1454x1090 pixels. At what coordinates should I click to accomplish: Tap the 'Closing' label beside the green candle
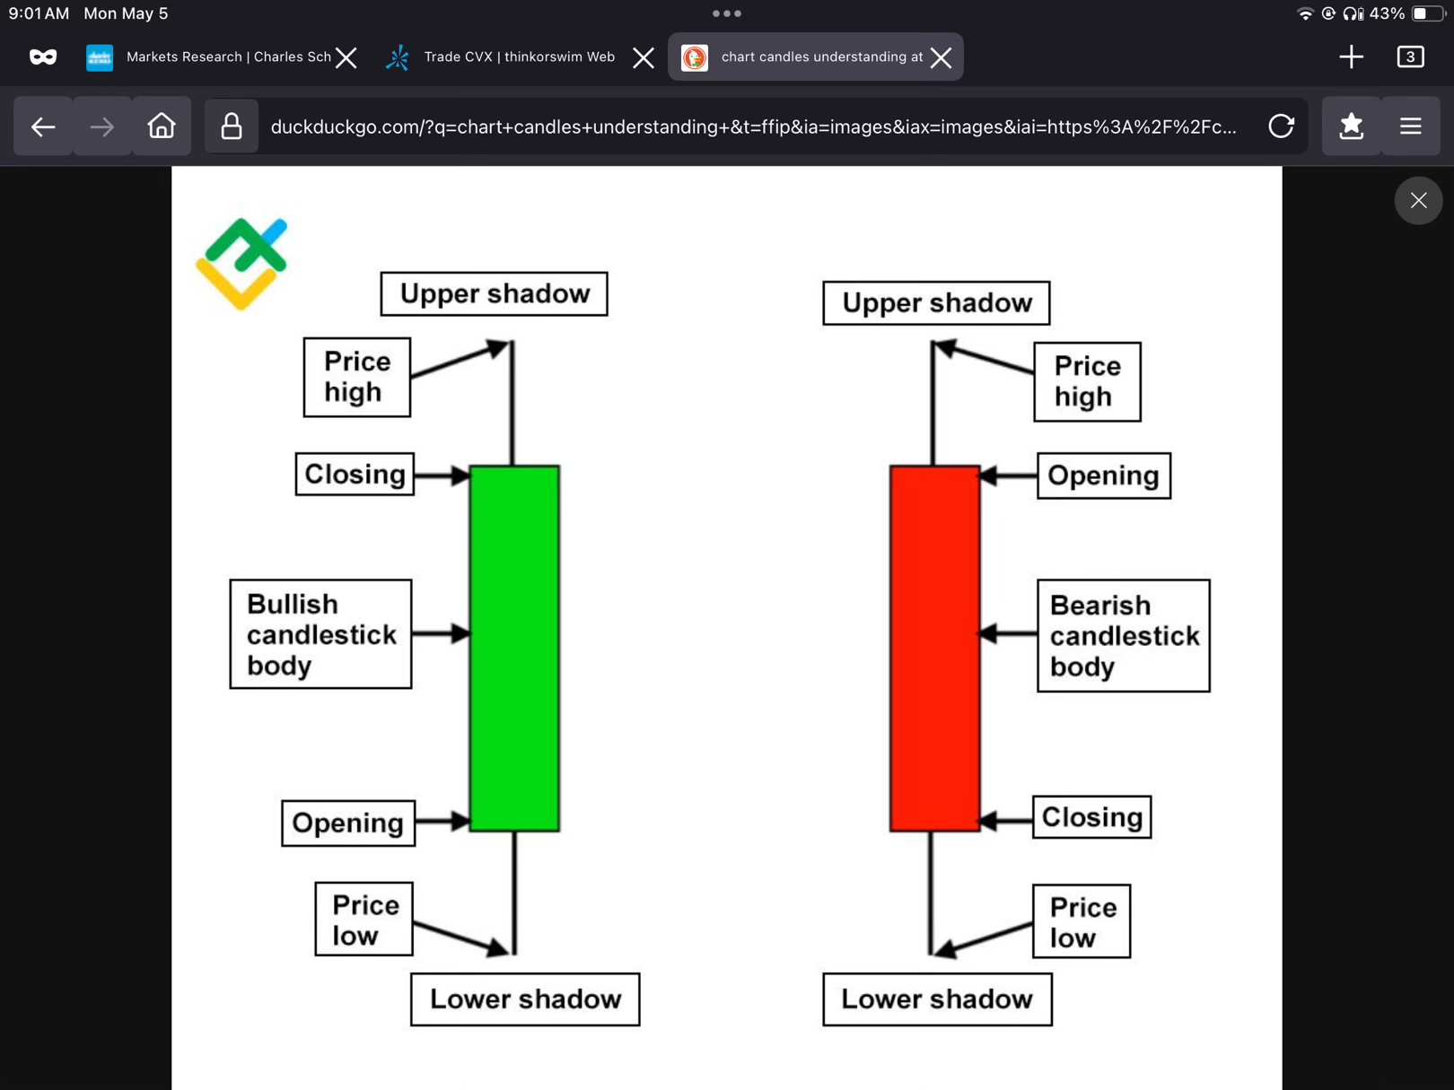click(355, 474)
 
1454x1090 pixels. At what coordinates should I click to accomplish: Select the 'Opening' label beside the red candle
click(1103, 475)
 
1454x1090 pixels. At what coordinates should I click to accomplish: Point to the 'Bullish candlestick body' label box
click(320, 634)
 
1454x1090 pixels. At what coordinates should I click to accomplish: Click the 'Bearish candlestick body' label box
click(1123, 635)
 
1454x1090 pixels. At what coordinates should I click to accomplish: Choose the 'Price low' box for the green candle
click(363, 920)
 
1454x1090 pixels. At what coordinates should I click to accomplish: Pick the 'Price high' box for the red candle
click(1087, 381)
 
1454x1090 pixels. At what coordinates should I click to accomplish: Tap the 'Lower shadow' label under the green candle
click(525, 999)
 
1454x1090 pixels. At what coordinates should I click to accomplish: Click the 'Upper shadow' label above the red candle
click(936, 303)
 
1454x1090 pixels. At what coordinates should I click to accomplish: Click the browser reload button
click(1281, 126)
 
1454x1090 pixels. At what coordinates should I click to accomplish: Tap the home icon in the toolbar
click(162, 126)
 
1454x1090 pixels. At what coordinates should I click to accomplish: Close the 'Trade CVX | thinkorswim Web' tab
click(643, 57)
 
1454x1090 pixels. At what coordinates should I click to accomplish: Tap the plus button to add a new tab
click(1351, 57)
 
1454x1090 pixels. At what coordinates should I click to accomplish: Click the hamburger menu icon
click(1410, 126)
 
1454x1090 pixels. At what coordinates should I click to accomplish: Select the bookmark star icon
click(1351, 126)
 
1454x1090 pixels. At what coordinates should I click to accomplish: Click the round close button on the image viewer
click(1418, 200)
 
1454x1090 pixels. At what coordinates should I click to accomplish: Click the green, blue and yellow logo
click(241, 263)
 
